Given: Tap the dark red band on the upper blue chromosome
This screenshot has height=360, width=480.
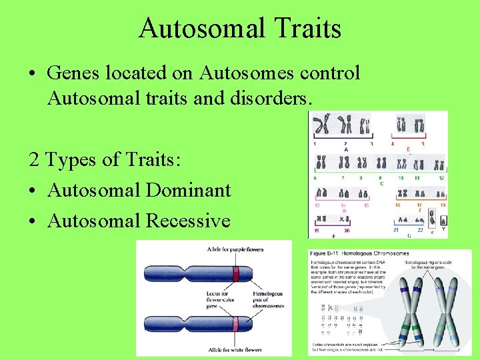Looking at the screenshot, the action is [235, 273].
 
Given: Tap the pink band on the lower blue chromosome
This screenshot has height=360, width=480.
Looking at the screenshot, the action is [235, 325].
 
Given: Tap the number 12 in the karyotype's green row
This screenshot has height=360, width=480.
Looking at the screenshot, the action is [441, 179].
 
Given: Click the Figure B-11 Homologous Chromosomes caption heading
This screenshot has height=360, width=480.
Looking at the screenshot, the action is [361, 254].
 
